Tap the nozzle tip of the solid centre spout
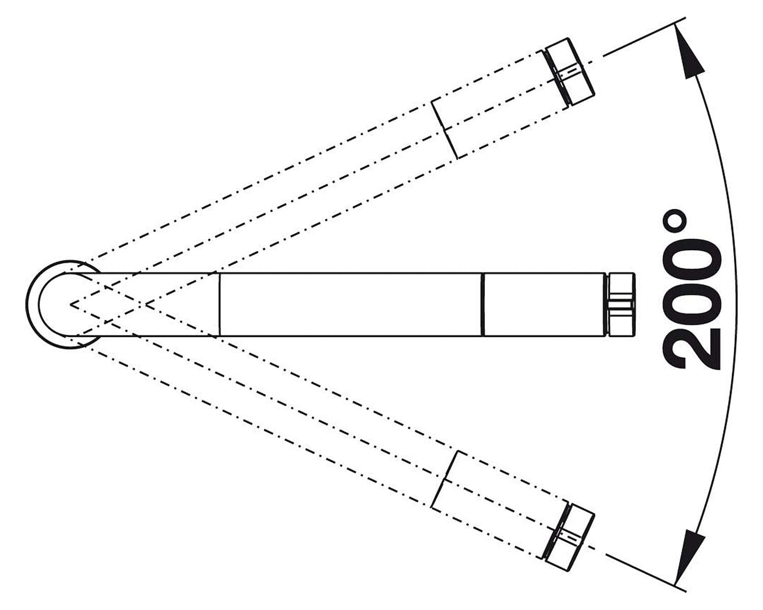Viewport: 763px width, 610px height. click(x=620, y=304)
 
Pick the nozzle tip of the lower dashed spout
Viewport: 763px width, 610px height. click(x=569, y=537)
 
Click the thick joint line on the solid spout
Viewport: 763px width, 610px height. click(x=483, y=304)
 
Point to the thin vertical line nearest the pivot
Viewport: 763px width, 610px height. click(x=220, y=304)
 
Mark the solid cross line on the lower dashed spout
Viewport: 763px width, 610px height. click(x=445, y=479)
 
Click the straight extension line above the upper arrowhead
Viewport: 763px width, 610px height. click(x=645, y=36)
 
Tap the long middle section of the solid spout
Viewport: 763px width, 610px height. click(x=351, y=304)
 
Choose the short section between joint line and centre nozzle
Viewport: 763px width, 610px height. click(x=544, y=304)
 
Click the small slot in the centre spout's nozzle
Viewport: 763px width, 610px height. click(x=621, y=304)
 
